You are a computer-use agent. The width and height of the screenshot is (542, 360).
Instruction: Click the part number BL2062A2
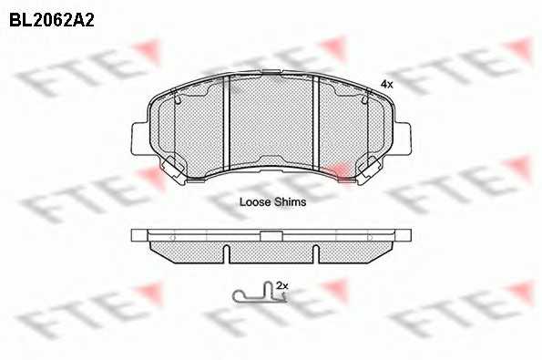pyautogui.click(x=52, y=20)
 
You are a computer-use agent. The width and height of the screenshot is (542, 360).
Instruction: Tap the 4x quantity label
pyautogui.click(x=387, y=84)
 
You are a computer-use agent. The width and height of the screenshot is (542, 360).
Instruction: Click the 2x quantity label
pyautogui.click(x=282, y=285)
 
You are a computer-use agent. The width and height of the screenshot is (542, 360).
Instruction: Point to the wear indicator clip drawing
pyautogui.click(x=260, y=293)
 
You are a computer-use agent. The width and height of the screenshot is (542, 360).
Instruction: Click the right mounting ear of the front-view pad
pyautogui.click(x=403, y=139)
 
